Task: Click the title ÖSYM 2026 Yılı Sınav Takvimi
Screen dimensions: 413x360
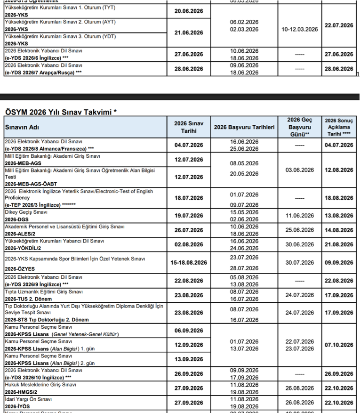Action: (x=60, y=112)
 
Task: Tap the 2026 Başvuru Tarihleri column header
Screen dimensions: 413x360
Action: (x=244, y=127)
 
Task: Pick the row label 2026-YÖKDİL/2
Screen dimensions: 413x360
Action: (x=23, y=248)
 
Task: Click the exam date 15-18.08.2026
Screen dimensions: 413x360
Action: (x=189, y=262)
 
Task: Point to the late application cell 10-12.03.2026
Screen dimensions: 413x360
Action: (x=299, y=29)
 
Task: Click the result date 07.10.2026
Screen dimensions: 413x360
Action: (x=338, y=345)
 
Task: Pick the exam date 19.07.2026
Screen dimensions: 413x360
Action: (x=189, y=216)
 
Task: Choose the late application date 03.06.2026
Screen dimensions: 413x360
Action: (x=299, y=170)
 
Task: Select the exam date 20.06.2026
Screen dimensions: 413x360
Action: (x=189, y=11)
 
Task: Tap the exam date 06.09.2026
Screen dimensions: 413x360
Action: (x=189, y=331)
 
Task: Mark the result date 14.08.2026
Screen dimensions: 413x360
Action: (x=338, y=230)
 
